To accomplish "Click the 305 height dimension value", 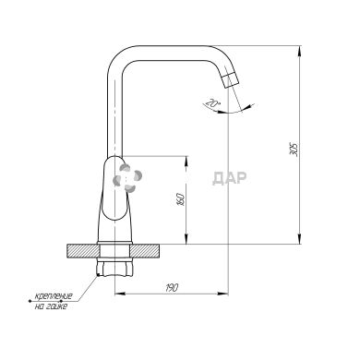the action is click(295, 150).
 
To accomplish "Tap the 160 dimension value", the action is click(182, 199).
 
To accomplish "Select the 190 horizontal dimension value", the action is click(172, 288).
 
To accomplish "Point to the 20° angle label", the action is click(211, 102).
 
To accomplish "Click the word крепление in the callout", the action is click(54, 296).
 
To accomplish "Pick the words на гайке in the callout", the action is click(51, 306).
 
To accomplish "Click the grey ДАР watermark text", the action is click(230, 178).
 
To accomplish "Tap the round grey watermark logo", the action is click(127, 178).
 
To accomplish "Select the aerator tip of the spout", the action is click(230, 80).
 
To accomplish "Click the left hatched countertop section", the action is click(83, 250).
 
